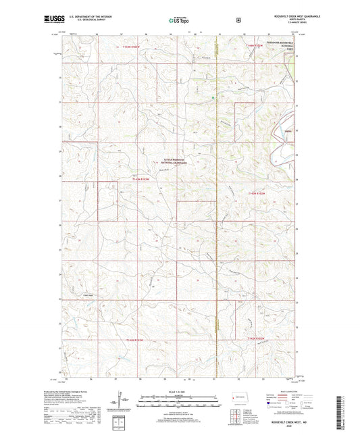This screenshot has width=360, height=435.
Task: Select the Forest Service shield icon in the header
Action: coord(238,20)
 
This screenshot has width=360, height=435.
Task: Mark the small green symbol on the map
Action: coord(213,99)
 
